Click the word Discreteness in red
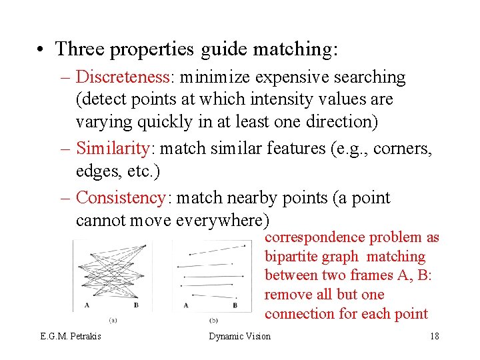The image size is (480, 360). point(123,77)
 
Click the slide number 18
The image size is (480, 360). point(434,336)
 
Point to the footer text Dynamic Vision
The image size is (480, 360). point(240,336)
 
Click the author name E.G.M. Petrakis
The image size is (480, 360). point(70,336)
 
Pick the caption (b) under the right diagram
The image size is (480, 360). point(213,319)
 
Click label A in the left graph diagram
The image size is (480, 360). point(87,305)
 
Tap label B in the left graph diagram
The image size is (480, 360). point(136,305)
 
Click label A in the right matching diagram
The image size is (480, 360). point(186,305)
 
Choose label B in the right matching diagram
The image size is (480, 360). point(235,305)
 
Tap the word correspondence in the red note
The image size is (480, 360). point(314,237)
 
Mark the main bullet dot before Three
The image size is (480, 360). point(41,49)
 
